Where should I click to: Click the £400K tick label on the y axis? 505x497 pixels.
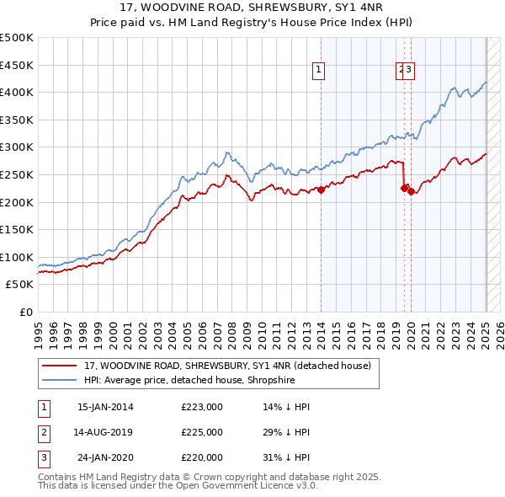coord(17,92)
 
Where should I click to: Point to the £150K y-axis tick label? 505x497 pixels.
coord(17,228)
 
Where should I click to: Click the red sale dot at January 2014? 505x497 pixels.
coord(321,190)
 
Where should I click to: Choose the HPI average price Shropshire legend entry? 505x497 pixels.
coord(189,379)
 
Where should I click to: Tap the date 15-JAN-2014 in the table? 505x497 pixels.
coord(105,407)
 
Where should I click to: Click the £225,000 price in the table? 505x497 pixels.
coord(202,432)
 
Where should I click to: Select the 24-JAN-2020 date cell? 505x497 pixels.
coord(105,457)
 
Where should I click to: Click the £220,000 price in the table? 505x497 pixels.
coord(202,457)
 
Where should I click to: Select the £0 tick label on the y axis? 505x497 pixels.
coord(25,312)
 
